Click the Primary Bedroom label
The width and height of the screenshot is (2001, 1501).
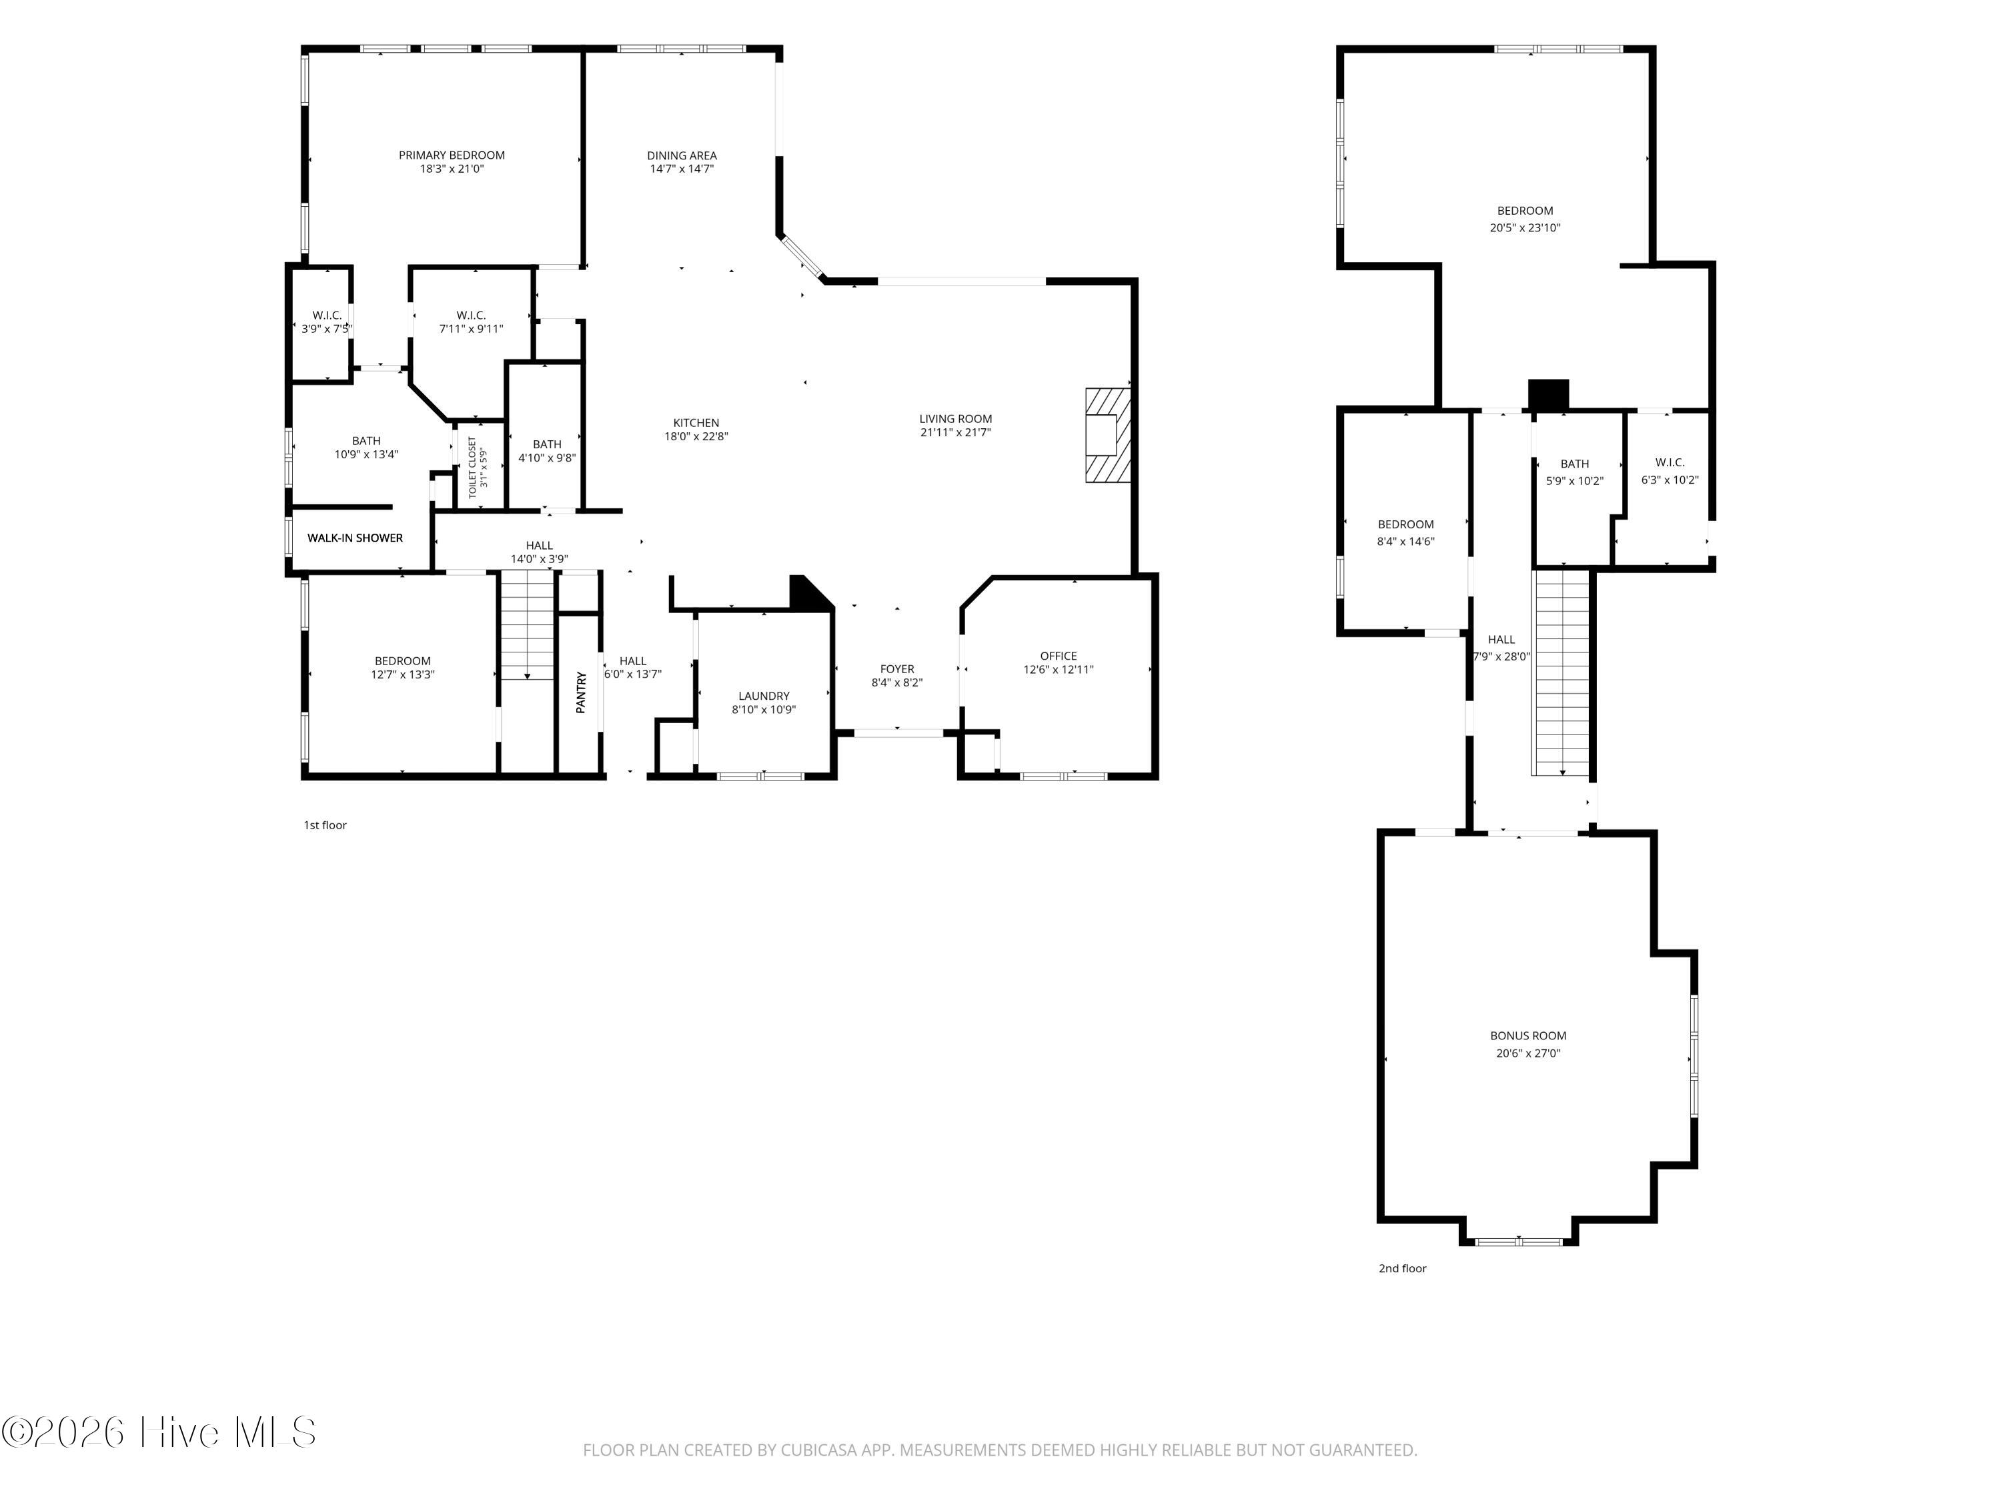point(452,155)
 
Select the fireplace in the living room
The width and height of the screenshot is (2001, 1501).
point(1108,435)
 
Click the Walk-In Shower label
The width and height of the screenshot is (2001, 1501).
point(355,538)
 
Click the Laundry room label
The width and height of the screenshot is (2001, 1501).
point(764,696)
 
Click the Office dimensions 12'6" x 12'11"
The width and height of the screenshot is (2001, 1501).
point(1059,670)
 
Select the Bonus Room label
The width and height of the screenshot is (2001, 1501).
point(1528,1036)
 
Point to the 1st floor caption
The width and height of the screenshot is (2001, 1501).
point(325,825)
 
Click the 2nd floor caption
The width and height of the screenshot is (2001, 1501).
point(1402,1268)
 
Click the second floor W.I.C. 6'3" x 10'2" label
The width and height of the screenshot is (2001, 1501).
point(1670,480)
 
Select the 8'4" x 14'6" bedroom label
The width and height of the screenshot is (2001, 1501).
point(1406,542)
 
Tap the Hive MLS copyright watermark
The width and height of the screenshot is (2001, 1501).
point(159,1432)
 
